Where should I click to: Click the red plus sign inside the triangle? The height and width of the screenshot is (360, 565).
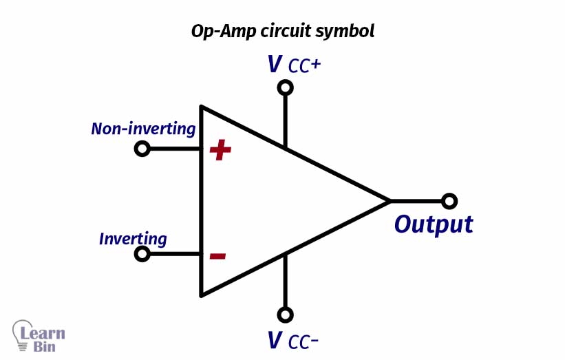point(220,150)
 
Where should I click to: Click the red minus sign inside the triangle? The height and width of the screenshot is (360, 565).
point(217,256)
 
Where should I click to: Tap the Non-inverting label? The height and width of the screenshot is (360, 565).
point(143,129)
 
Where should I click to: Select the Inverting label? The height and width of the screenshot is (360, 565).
point(133,239)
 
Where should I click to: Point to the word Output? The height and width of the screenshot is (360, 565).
point(434,224)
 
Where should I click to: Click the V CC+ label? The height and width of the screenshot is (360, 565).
point(295,65)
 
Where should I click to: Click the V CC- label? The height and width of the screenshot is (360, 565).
point(292,341)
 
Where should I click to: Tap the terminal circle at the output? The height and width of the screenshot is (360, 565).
point(449,201)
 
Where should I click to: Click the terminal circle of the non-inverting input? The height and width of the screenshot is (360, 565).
point(142,149)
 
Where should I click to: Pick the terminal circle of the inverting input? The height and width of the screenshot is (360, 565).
point(142,254)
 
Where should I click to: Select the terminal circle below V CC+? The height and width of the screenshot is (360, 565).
point(285,87)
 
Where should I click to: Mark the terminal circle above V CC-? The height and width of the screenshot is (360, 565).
point(285,315)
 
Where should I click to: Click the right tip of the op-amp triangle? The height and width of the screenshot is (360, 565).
point(390,201)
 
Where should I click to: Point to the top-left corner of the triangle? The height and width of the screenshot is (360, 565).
point(202,107)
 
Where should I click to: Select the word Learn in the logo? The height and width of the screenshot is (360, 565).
point(43,333)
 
